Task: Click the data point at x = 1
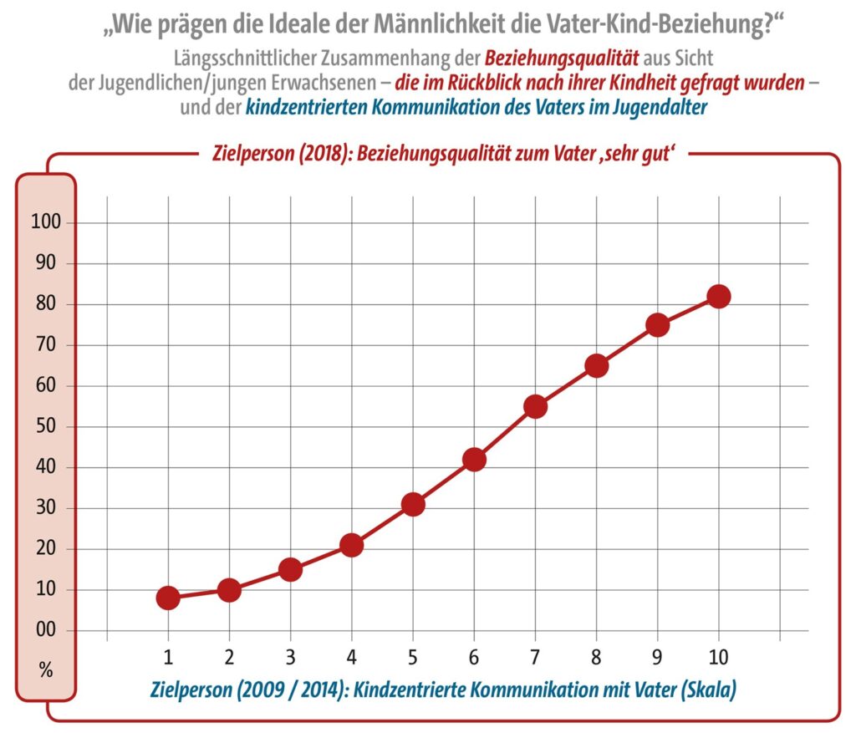pyautogui.click(x=168, y=598)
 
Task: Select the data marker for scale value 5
pyautogui.click(x=413, y=504)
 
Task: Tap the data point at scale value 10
pyautogui.click(x=719, y=297)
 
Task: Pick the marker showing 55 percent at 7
pyautogui.click(x=535, y=407)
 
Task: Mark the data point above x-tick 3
pyautogui.click(x=290, y=569)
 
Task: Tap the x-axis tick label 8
pyautogui.click(x=596, y=656)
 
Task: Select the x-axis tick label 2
pyautogui.click(x=229, y=656)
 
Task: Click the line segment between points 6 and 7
pyautogui.click(x=504, y=433)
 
